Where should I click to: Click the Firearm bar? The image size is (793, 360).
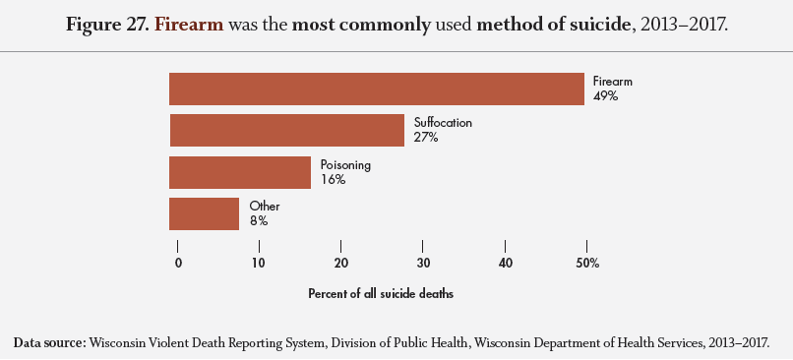click(377, 89)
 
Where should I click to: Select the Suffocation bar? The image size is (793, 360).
click(287, 131)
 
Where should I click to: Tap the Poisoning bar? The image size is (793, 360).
click(240, 172)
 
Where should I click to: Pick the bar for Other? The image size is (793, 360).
click(205, 213)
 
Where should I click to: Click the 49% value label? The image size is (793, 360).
click(605, 95)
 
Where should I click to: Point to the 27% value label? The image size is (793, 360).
click(426, 137)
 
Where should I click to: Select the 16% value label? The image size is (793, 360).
click(333, 179)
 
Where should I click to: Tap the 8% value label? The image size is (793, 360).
click(259, 221)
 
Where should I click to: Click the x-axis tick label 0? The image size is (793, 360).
click(178, 263)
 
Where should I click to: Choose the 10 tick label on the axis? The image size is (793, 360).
click(259, 263)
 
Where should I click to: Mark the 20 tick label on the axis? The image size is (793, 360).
click(340, 263)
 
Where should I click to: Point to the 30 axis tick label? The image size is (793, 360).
click(423, 263)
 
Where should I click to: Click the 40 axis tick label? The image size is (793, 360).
click(505, 263)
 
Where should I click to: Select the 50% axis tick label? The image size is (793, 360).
click(588, 263)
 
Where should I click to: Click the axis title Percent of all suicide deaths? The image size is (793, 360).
click(381, 294)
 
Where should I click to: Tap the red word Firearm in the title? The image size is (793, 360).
click(189, 25)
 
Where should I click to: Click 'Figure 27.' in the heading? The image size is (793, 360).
click(107, 25)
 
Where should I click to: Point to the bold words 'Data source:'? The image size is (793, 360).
click(49, 343)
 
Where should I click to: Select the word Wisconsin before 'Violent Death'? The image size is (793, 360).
click(113, 343)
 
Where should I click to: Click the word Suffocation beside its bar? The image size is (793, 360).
click(443, 123)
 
